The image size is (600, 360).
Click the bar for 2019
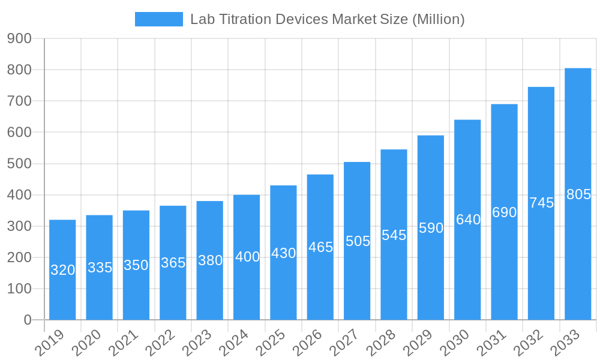click(x=62, y=270)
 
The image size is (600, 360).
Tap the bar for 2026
click(x=320, y=247)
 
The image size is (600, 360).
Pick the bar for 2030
click(x=467, y=220)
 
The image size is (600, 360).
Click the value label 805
click(x=578, y=194)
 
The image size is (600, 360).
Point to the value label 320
click(x=62, y=270)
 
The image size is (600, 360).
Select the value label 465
click(x=320, y=247)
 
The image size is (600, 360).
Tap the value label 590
click(x=431, y=228)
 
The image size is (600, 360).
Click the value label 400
click(x=247, y=257)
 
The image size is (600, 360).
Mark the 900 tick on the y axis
click(x=19, y=38)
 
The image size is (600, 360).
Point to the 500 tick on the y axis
click(x=19, y=164)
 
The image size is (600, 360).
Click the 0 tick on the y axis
click(x=28, y=320)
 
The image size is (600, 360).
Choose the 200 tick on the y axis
click(x=19, y=257)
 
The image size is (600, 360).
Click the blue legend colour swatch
click(x=159, y=19)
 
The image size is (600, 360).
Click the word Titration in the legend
click(x=242, y=19)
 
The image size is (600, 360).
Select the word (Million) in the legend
click(x=438, y=19)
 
